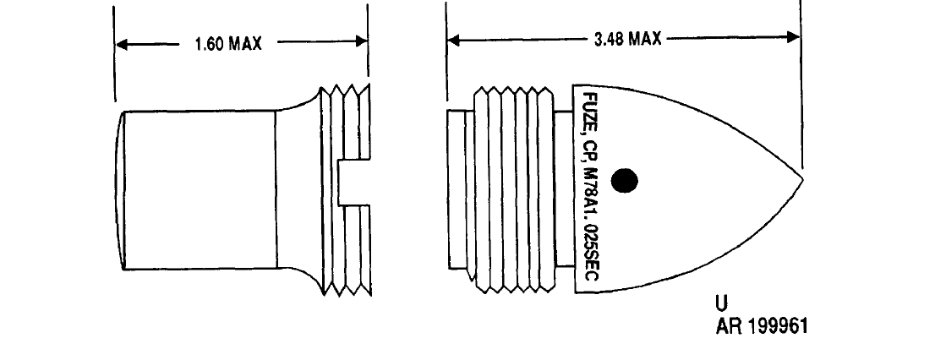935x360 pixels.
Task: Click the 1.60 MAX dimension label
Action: [x=228, y=44]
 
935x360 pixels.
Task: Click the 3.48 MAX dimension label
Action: [x=628, y=40]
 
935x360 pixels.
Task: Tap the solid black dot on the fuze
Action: [x=625, y=180]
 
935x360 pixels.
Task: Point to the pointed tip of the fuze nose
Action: [x=803, y=178]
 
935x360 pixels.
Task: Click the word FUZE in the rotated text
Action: [x=587, y=112]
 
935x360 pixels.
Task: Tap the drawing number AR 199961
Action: [x=762, y=326]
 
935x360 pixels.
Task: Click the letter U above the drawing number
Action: [x=721, y=303]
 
